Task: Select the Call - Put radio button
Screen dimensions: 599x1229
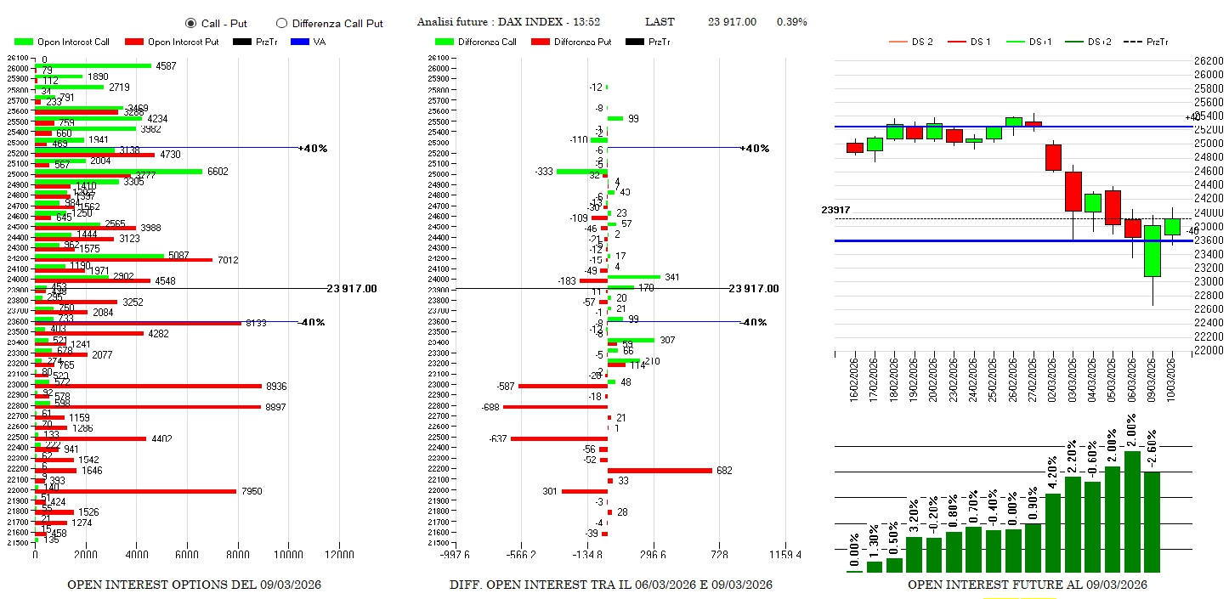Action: (190, 23)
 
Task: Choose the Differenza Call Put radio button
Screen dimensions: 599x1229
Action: (281, 23)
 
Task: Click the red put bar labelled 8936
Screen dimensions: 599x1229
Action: (148, 386)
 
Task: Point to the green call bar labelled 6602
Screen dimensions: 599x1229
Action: (118, 172)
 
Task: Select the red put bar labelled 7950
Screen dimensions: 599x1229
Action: (135, 491)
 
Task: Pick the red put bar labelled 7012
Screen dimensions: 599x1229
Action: (123, 259)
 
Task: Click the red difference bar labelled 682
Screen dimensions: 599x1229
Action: (660, 470)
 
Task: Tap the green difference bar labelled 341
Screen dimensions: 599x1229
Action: (634, 277)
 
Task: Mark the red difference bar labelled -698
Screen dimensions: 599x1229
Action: (555, 407)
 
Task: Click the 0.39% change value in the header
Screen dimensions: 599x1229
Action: (791, 22)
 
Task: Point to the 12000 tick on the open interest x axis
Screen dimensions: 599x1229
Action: (339, 555)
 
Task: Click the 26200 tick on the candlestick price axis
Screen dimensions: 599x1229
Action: (1209, 61)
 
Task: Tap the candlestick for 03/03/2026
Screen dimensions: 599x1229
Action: (1073, 191)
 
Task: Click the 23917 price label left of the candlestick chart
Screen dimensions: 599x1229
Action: (835, 210)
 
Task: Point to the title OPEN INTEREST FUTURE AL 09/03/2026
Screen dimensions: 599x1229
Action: (1027, 585)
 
